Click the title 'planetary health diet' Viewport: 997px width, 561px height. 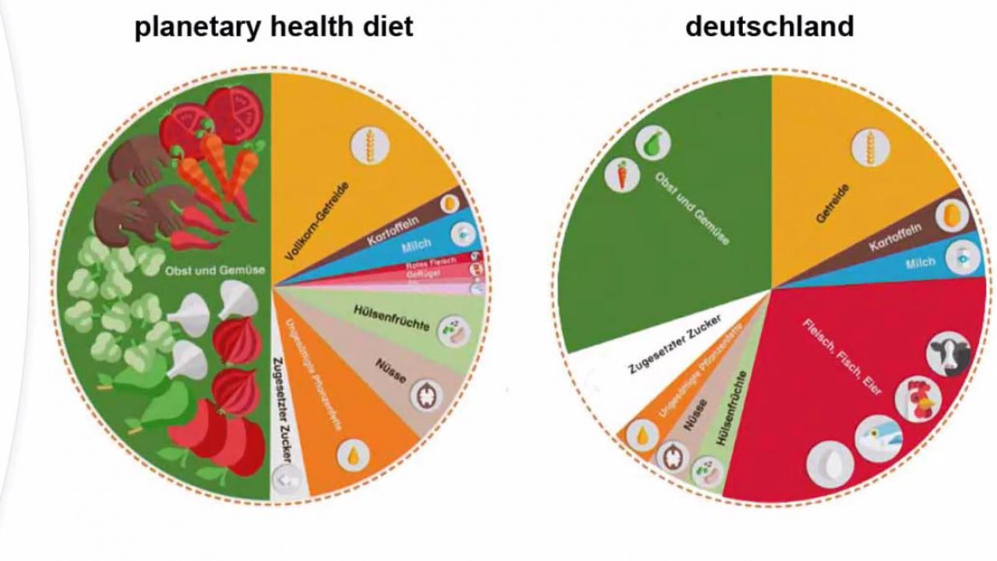pos(273,26)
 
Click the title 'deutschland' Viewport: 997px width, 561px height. pos(769,26)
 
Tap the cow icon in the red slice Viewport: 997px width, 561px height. pos(948,354)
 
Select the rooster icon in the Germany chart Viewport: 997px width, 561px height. pos(918,398)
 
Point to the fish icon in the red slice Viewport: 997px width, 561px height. pos(878,439)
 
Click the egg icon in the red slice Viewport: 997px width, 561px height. pos(830,464)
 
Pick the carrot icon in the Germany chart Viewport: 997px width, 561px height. pos(622,175)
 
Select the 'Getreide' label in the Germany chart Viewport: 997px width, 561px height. pos(833,203)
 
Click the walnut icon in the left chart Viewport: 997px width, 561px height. pos(426,395)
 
